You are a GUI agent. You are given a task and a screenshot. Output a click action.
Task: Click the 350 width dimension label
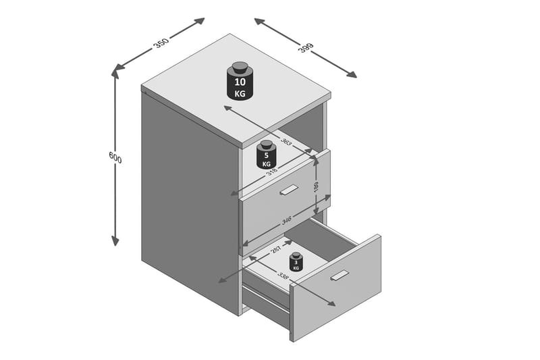pos(161,43)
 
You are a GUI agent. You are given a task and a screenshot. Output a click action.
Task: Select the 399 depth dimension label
pos(306,47)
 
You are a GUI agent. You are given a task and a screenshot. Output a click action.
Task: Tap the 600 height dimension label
pos(115,157)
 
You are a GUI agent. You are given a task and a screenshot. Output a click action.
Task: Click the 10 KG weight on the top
pos(240,81)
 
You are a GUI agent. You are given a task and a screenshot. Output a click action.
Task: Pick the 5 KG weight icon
pos(266,155)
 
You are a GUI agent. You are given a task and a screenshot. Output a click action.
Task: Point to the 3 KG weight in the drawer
pos(296,261)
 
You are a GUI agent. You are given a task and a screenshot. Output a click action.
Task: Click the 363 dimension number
pos(286,141)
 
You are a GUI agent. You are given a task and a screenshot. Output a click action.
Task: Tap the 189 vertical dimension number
pos(317,186)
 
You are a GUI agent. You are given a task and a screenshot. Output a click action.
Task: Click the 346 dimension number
pos(286,220)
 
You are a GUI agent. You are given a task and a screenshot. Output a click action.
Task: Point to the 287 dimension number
pos(277,249)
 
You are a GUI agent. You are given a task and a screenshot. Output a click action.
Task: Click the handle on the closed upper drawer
pos(289,190)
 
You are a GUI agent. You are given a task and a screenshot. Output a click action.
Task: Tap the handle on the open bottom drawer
pos(340,276)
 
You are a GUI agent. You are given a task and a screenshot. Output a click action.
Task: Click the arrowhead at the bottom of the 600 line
pos(115,240)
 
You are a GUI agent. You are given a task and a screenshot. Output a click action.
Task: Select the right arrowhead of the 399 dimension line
pos(351,74)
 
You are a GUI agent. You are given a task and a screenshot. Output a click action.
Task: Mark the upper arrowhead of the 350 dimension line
pos(199,22)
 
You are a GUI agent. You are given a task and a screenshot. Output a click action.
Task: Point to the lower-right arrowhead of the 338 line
pos(331,303)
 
